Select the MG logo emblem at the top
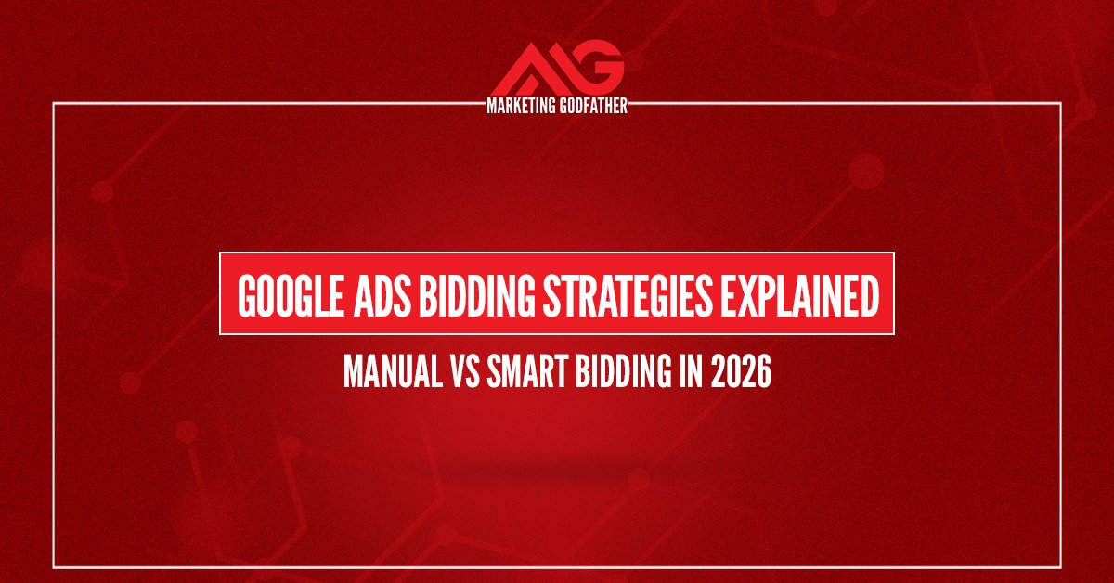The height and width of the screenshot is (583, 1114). click(557, 70)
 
